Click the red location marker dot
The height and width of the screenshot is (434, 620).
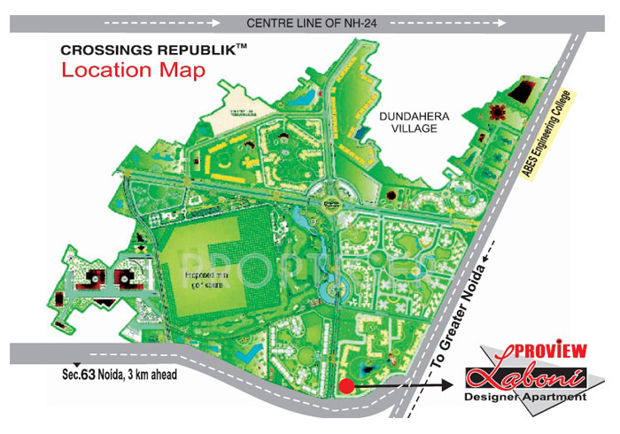(346, 386)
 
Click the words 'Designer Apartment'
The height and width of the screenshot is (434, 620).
(525, 397)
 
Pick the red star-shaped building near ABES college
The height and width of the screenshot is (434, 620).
(500, 112)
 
